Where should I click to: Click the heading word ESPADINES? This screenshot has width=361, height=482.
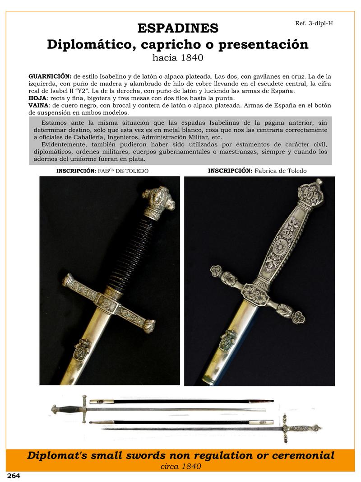point(178,28)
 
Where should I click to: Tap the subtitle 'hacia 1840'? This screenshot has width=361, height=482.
point(178,58)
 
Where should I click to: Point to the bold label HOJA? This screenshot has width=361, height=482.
point(37,98)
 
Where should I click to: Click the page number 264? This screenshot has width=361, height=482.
point(13,476)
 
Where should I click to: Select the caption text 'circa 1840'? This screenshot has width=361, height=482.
point(180,466)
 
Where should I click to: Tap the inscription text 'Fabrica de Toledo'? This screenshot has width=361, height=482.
point(280,171)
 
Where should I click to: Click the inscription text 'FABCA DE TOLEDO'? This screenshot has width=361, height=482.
point(123,171)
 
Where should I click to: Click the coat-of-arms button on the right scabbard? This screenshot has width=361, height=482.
point(227,340)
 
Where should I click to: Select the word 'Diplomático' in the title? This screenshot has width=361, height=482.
point(92,44)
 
